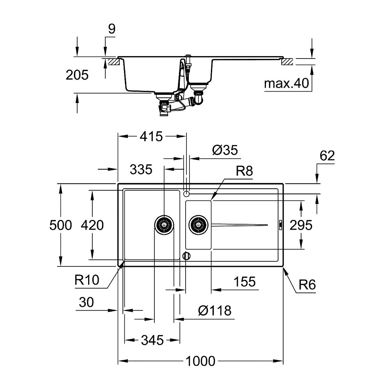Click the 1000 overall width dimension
tap(200, 361)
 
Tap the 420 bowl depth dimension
tap(92, 225)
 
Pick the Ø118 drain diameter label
tap(214, 311)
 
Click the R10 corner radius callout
tap(87, 280)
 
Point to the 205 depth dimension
tap(77, 75)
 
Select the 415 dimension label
tap(151, 136)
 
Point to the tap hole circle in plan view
tap(187, 193)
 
